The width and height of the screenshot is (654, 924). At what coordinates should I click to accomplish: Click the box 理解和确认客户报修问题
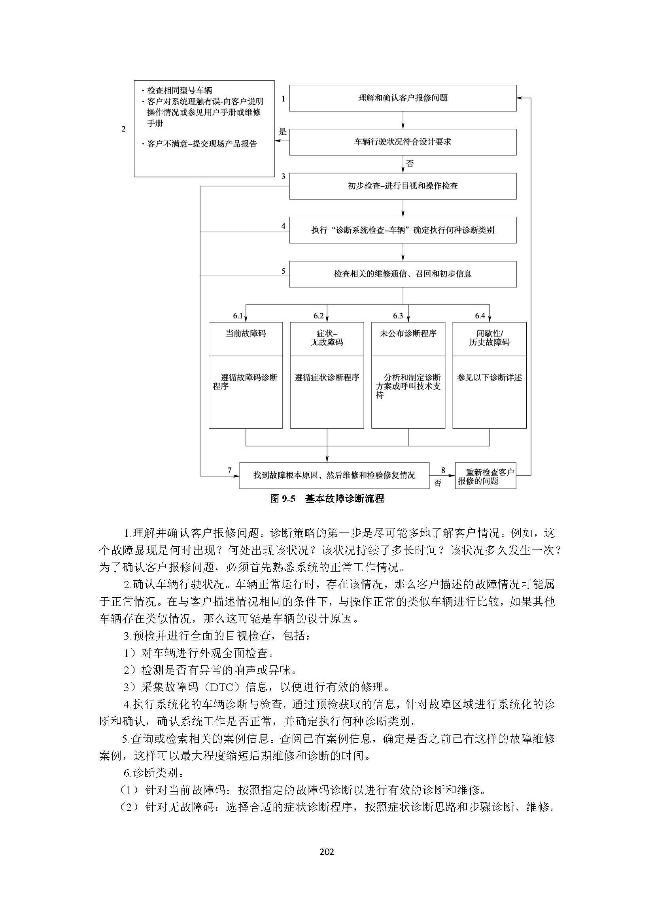[403, 98]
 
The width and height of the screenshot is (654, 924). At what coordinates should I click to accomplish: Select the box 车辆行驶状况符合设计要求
[403, 142]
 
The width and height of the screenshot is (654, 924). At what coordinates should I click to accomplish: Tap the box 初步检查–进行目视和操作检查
[403, 186]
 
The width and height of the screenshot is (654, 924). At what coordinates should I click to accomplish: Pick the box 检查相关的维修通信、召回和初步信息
[403, 274]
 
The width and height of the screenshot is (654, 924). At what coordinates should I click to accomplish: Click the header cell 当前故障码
[246, 334]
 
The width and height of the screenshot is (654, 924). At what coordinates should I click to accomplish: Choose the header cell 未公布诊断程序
[408, 334]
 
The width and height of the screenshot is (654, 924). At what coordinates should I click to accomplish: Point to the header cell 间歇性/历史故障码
[489, 338]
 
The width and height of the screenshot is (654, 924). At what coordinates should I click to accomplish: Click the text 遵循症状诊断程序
[327, 378]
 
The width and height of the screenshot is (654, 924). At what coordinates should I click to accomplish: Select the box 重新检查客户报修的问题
[486, 476]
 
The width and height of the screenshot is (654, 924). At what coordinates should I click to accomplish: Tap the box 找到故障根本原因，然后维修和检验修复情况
[334, 475]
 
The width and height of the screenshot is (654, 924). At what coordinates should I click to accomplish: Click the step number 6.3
[398, 316]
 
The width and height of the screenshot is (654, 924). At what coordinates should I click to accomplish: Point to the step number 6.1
[238, 316]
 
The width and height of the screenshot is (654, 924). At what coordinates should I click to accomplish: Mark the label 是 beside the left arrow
[283, 132]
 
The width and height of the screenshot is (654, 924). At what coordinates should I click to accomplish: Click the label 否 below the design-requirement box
[410, 164]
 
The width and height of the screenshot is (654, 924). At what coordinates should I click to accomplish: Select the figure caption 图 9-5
[283, 499]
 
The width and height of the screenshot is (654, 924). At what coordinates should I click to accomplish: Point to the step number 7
[230, 470]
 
